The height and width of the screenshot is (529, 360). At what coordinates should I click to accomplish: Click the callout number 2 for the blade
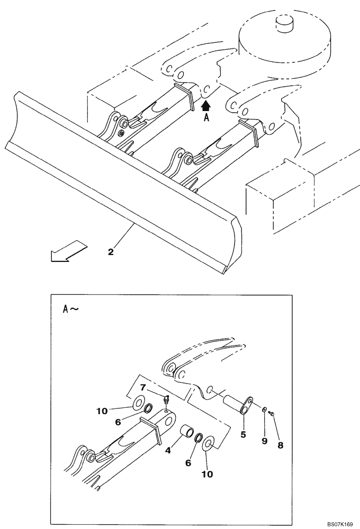111,252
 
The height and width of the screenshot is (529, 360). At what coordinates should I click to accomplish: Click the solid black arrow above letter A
206,106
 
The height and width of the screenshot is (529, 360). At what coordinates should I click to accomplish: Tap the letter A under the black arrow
206,118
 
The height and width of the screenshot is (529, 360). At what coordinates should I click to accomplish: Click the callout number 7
143,387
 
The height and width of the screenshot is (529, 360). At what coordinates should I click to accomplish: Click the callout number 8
281,445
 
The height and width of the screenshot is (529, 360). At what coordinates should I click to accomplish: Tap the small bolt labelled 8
271,414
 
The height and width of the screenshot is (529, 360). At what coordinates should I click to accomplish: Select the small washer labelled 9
263,409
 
